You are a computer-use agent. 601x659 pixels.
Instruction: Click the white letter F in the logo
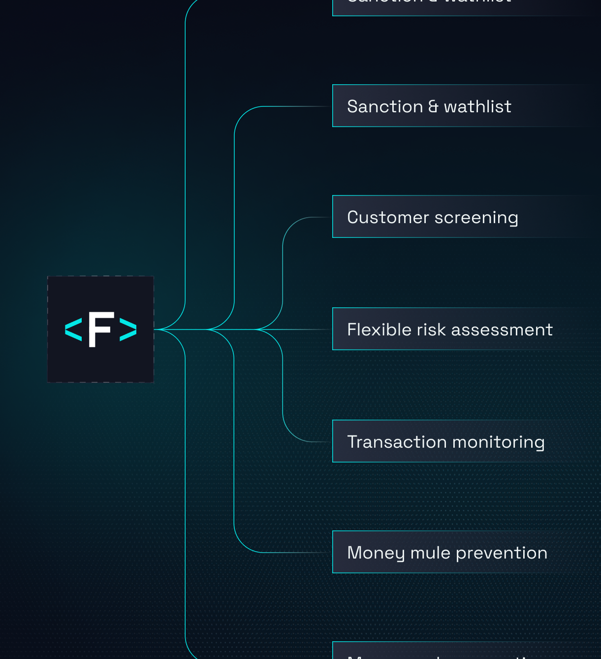click(x=101, y=329)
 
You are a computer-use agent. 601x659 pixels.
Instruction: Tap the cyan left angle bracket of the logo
click(x=73, y=329)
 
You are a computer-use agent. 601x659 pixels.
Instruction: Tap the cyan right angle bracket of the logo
click(x=128, y=329)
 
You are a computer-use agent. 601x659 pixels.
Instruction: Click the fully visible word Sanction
click(x=385, y=106)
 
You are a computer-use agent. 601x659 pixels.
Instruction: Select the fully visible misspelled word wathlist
click(x=477, y=106)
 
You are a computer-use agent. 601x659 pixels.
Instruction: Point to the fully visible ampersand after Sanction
click(x=433, y=107)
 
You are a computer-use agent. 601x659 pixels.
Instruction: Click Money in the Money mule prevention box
click(x=376, y=553)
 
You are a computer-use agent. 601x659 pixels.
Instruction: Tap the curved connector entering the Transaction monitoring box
click(x=290, y=433)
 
